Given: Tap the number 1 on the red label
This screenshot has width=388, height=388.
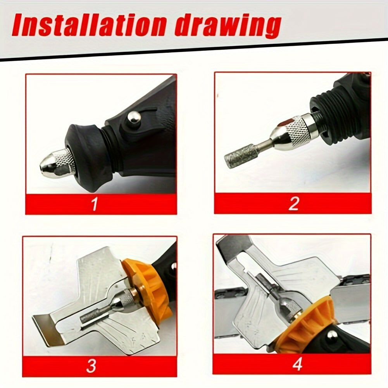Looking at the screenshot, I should (94, 204).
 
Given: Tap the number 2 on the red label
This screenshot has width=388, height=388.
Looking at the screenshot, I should (294, 203).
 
